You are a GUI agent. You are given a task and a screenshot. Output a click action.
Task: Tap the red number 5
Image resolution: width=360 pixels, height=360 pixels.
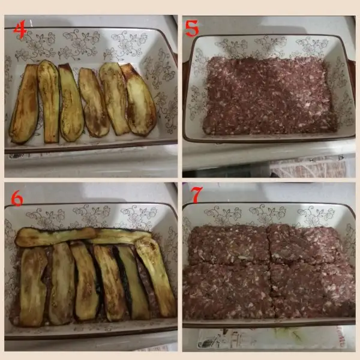click(x=192, y=28)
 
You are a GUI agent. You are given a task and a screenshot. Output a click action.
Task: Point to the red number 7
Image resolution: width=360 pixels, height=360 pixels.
click(x=197, y=195)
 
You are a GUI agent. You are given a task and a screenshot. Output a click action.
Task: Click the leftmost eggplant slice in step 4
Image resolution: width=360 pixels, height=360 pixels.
click(x=25, y=104)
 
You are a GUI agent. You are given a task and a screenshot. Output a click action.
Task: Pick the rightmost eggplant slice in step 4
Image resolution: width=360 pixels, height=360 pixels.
click(x=139, y=100)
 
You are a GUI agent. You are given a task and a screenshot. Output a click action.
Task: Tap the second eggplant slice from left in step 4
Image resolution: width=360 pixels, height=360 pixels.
click(x=49, y=101)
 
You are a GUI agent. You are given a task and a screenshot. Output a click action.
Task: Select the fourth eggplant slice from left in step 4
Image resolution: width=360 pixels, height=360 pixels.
click(x=94, y=103)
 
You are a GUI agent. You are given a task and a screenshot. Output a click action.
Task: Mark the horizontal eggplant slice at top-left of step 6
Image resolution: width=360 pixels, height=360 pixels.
click(x=55, y=236)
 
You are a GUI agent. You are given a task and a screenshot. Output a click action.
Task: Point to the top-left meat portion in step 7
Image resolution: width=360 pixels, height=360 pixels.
click(x=229, y=245)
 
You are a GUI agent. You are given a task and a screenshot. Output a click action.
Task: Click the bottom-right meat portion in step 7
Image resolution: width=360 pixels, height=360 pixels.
click(x=312, y=290)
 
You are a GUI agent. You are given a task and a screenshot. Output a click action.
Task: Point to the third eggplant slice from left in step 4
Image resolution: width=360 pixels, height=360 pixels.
click(x=71, y=103)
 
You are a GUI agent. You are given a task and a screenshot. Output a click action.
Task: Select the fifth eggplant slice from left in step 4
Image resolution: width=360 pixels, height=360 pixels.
click(x=114, y=98)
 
